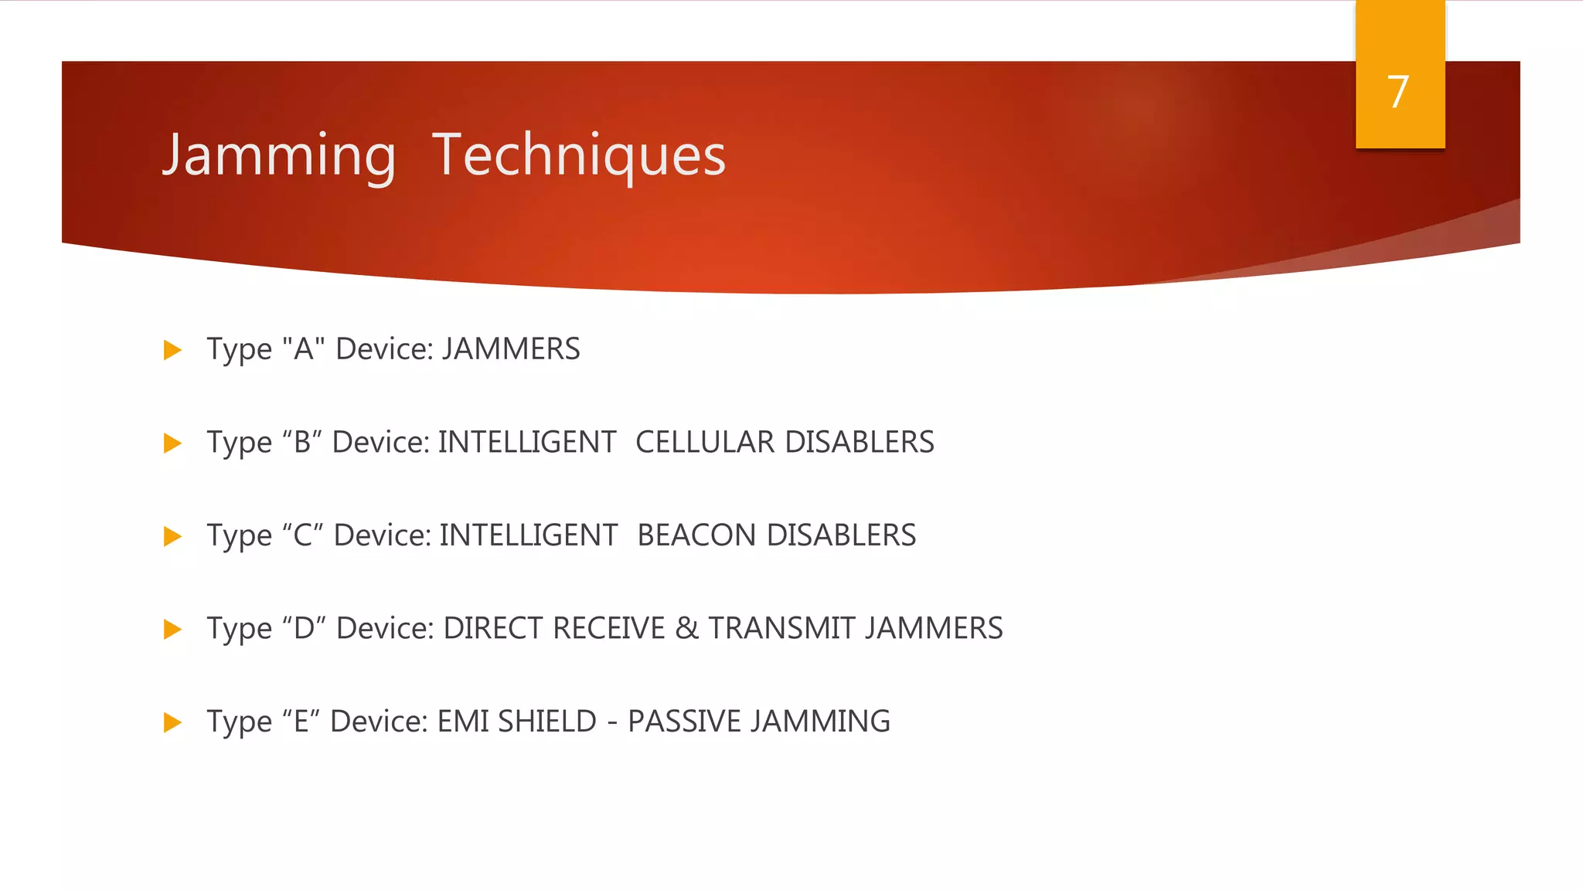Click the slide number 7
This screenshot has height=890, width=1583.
coord(1398,93)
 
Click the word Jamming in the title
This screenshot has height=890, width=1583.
coord(279,156)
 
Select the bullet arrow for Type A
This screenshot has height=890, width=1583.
coord(172,350)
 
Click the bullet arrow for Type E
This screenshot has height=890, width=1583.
coord(172,722)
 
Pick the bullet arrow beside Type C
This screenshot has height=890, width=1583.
coord(172,536)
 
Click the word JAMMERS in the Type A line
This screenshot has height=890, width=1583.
coord(511,349)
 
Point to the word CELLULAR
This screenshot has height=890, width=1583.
coord(704,443)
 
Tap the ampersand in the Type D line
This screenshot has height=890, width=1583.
coord(686,628)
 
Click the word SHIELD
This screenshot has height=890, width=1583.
coord(547,722)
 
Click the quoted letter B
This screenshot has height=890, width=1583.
coord(302,443)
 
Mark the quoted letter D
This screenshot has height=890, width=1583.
coord(304,628)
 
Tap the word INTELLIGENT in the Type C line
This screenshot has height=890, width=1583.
coord(529,535)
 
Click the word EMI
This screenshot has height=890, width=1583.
coord(463,722)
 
